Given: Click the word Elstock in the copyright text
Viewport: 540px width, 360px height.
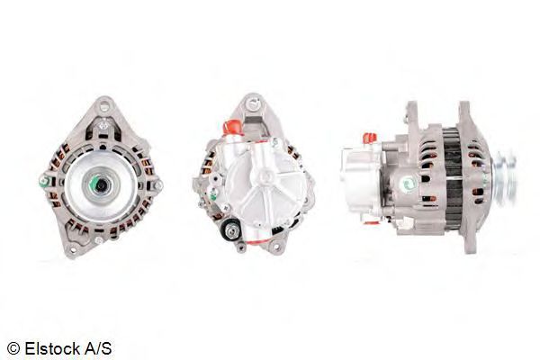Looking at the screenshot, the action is (x=52, y=348).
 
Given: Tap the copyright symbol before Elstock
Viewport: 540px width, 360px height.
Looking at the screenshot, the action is (x=13, y=348).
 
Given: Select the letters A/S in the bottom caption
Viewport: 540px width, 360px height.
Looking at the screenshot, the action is (x=98, y=348).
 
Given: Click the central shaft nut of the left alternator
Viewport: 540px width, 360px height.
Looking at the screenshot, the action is (x=101, y=186).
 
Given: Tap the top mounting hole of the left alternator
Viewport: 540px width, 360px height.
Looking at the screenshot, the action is (x=104, y=106).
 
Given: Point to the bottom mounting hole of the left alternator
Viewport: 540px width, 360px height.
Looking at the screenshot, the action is (x=72, y=249).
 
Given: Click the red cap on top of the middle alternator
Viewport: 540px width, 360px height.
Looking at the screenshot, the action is (x=232, y=127).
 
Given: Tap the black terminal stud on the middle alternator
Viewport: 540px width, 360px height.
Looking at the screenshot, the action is (x=229, y=230).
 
